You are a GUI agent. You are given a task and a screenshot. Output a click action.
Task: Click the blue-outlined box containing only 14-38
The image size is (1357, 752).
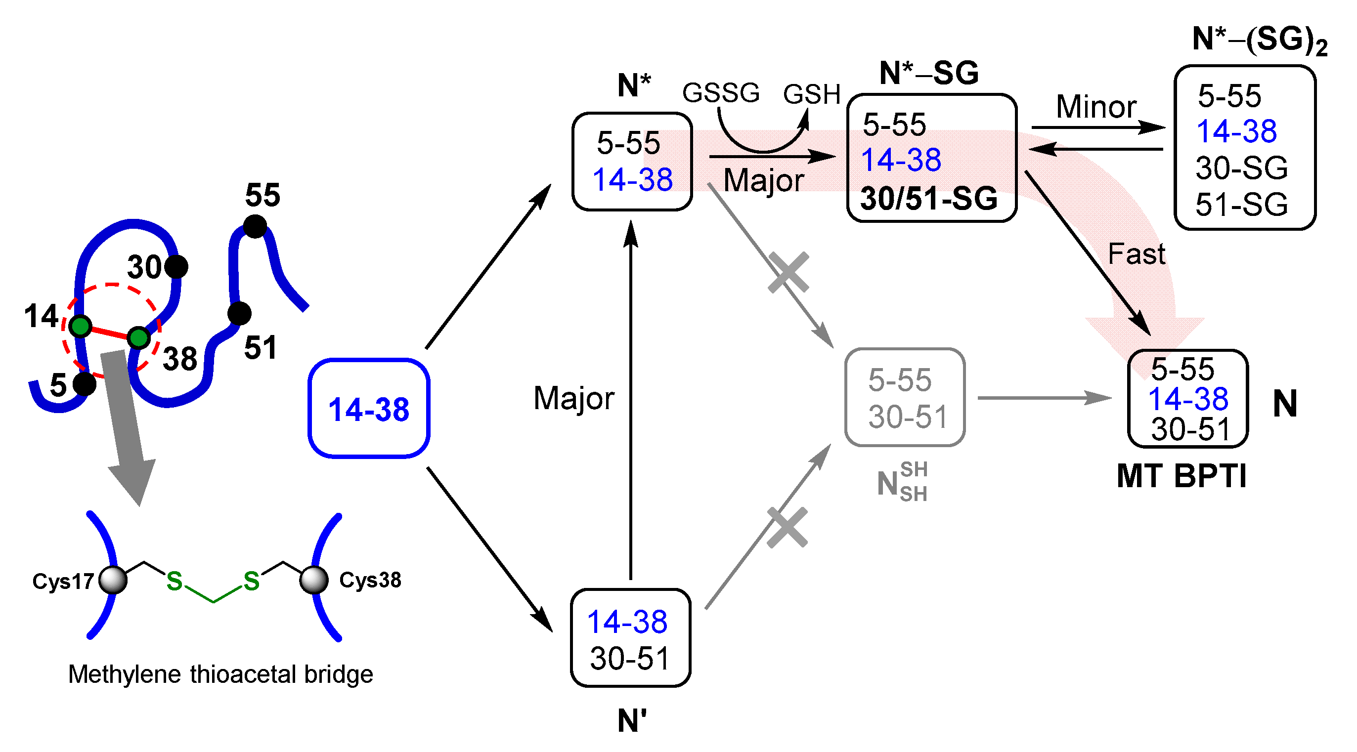tap(369, 409)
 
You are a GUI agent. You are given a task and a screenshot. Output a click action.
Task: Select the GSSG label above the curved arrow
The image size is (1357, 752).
tap(720, 93)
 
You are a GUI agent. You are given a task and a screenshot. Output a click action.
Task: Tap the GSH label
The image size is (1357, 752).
tap(811, 95)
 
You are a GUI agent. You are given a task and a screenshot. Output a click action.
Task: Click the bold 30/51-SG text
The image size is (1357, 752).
tap(928, 199)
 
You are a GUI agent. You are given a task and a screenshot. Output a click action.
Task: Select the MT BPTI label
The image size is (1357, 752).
tap(1181, 477)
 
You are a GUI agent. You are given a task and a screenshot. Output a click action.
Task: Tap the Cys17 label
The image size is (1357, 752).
tap(63, 582)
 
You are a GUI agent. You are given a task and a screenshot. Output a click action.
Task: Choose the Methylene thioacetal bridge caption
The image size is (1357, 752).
tap(220, 674)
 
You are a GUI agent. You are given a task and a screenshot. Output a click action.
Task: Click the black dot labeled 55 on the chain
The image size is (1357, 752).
tap(255, 226)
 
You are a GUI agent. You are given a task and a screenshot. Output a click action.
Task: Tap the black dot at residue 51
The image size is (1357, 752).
tap(239, 313)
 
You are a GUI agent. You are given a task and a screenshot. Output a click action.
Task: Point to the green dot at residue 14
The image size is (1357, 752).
tap(81, 327)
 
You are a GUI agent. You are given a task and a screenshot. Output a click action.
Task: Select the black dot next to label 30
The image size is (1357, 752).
tap(176, 267)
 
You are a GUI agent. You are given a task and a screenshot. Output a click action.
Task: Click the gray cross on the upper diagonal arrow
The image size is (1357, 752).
tap(788, 272)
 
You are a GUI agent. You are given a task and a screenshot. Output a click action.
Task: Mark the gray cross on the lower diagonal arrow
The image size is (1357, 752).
tap(787, 528)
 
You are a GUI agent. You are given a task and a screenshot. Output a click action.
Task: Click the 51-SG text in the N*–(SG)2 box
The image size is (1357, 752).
tap(1241, 205)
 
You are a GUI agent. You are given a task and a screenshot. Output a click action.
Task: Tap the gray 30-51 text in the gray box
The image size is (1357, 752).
tap(907, 417)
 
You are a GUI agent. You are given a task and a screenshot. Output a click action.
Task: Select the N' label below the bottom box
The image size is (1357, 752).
tap(631, 721)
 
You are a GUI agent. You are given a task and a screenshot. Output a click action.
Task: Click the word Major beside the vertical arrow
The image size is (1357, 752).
tap(573, 398)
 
